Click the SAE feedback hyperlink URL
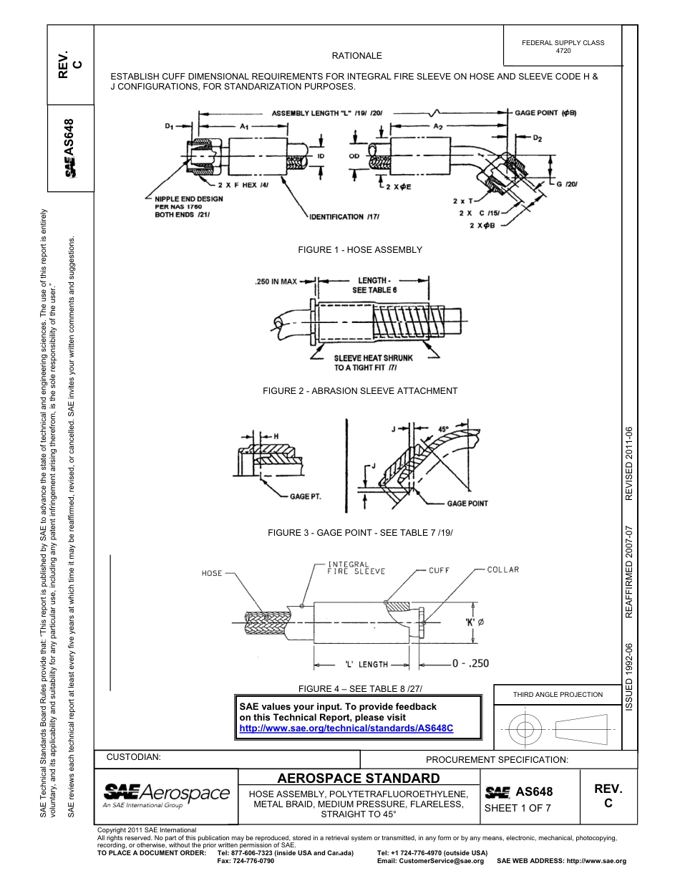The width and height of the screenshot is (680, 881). pyautogui.click(x=346, y=728)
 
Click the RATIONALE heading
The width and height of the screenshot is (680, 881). pyautogui.click(x=356, y=56)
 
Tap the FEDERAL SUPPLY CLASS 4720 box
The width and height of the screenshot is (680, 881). pyautogui.click(x=563, y=47)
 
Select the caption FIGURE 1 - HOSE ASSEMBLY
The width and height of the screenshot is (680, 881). pyautogui.click(x=360, y=250)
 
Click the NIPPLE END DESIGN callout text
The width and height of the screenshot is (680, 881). pyautogui.click(x=189, y=199)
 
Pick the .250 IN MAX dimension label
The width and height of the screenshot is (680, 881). pyautogui.click(x=276, y=281)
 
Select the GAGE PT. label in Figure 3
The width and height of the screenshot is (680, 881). pyautogui.click(x=304, y=496)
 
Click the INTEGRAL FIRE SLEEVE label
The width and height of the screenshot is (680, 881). pyautogui.click(x=356, y=568)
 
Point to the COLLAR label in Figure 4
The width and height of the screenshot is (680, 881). pyautogui.click(x=502, y=570)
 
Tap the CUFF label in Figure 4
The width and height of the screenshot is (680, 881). pyautogui.click(x=439, y=571)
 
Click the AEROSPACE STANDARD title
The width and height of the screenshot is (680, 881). pyautogui.click(x=358, y=779)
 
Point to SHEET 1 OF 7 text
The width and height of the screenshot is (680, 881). pyautogui.click(x=518, y=809)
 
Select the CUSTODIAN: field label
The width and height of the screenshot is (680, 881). pyautogui.click(x=133, y=757)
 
